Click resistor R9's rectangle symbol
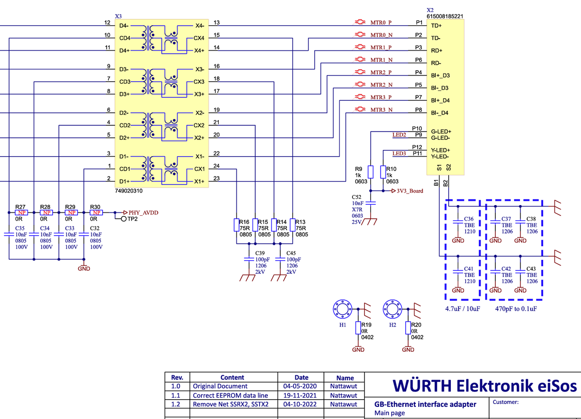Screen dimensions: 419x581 pyautogui.click(x=370, y=172)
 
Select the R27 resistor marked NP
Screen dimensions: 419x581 pyautogui.click(x=21, y=212)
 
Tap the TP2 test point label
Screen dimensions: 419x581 pyautogui.click(x=132, y=219)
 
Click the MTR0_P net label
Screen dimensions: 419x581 pyautogui.click(x=381, y=22)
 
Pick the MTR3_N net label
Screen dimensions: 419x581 pyautogui.click(x=382, y=110)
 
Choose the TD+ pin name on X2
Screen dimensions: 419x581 pyautogui.click(x=437, y=25)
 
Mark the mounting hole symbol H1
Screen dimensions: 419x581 pyautogui.click(x=342, y=308)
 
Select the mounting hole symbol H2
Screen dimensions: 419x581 pyautogui.click(x=392, y=308)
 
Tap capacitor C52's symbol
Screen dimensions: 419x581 pyautogui.click(x=370, y=204)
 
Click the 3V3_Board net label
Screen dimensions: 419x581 pyautogui.click(x=410, y=191)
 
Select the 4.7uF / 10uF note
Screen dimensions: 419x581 pyautogui.click(x=463, y=308)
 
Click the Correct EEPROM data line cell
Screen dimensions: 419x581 pyautogui.click(x=230, y=395)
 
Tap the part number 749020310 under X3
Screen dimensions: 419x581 pyautogui.click(x=129, y=191)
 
